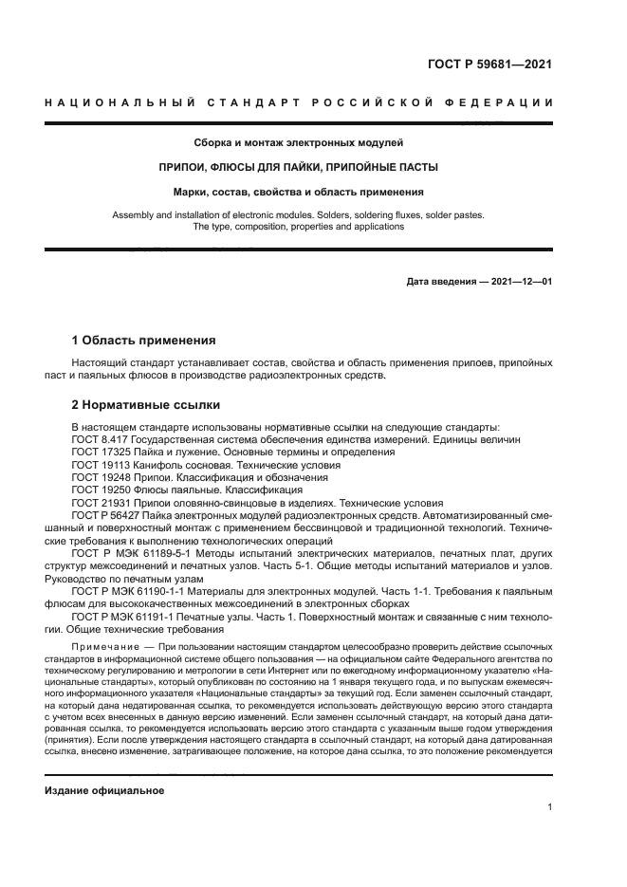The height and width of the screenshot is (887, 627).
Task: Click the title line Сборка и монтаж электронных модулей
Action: pos(299,143)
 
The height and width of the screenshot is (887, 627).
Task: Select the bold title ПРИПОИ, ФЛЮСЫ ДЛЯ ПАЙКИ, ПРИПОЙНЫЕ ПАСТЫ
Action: pos(299,167)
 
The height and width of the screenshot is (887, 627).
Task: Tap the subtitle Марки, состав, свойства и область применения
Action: pos(299,192)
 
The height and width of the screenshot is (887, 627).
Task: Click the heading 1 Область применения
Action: pos(144,340)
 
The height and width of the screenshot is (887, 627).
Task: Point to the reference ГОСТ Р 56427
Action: pos(105,515)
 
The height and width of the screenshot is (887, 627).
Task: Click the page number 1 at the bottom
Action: pos(549,807)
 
